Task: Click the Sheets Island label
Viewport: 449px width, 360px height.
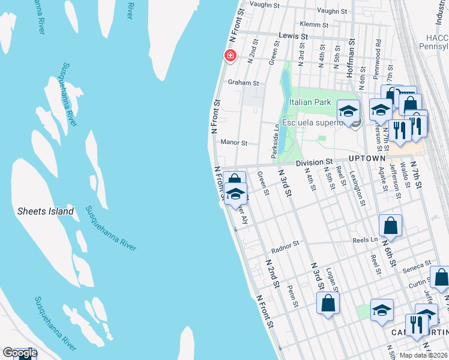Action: coord(46,211)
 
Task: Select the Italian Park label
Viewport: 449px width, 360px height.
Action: coord(310,103)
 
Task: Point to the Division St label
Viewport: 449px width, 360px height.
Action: coord(313,162)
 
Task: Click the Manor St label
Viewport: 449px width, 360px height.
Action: coord(234,143)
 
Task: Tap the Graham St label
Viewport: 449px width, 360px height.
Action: coord(243,83)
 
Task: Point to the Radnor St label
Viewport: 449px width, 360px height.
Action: coord(285,245)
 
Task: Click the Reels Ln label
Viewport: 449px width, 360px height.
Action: coord(365,239)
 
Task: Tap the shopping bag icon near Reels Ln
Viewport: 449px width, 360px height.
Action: coord(390,226)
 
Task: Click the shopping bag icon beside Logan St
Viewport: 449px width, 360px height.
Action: coord(328,304)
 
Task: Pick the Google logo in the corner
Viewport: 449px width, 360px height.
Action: coord(20,353)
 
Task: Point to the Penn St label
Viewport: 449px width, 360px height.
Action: coord(293,295)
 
